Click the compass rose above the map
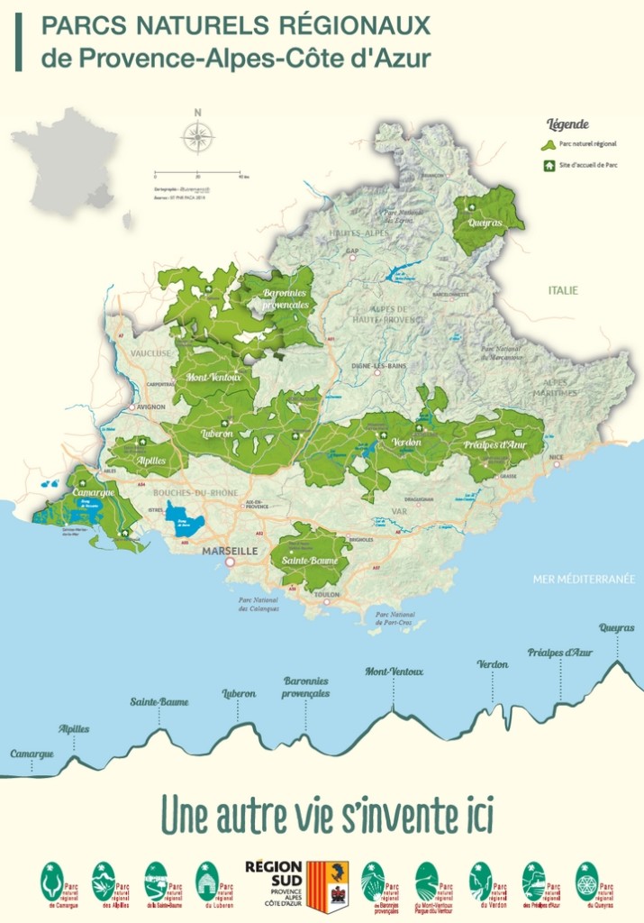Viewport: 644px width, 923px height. click(197, 137)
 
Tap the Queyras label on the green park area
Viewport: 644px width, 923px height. click(484, 222)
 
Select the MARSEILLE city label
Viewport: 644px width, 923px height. click(230, 550)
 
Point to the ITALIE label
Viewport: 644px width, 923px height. click(563, 290)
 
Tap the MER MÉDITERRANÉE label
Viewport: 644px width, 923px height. click(584, 579)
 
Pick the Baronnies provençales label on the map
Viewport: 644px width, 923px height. click(286, 298)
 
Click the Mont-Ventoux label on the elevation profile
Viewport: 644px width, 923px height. click(394, 672)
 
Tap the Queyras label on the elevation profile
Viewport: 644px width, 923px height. click(617, 627)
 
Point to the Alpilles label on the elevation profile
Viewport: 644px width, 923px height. click(74, 728)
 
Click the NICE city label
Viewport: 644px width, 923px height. click(557, 458)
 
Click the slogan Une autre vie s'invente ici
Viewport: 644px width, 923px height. click(327, 814)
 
